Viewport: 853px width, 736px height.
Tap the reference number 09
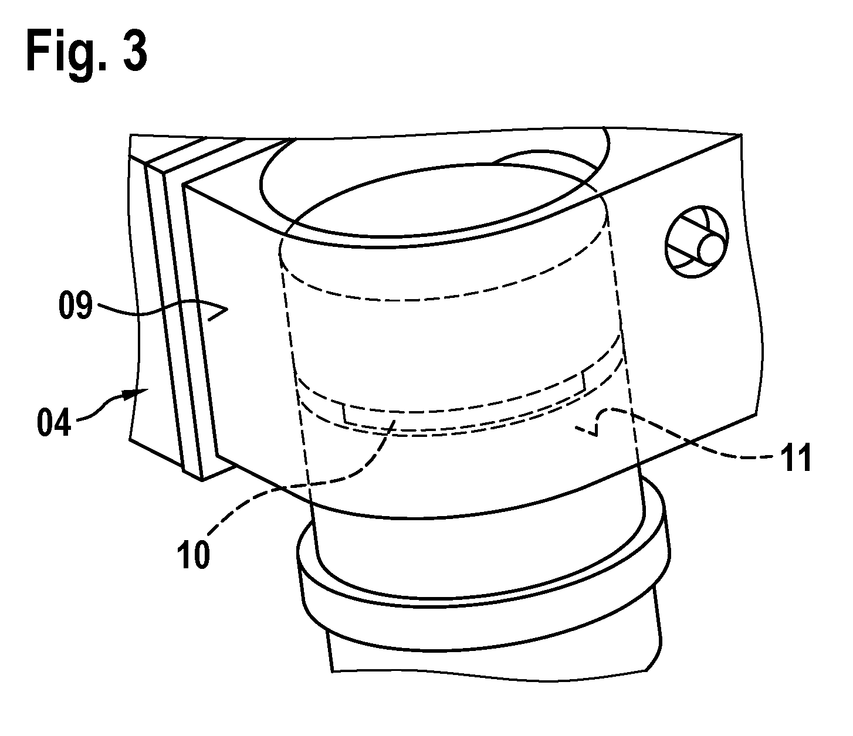[x=75, y=305]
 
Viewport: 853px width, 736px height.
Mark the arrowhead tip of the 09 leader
[x=228, y=308]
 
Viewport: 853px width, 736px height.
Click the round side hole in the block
[x=696, y=242]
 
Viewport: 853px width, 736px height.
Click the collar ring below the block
[x=483, y=602]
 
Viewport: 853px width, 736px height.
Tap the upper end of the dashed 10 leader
[x=395, y=421]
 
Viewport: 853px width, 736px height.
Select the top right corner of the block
[x=742, y=134]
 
